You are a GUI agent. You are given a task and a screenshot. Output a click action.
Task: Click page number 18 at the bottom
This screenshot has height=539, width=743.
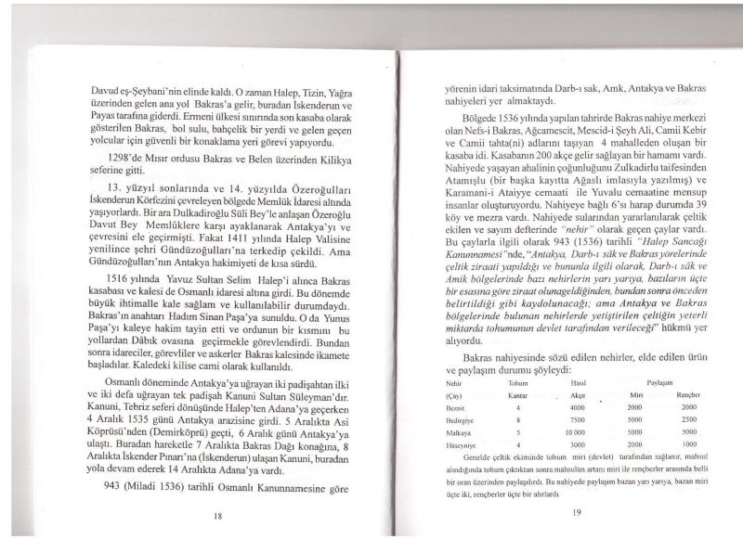215,515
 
